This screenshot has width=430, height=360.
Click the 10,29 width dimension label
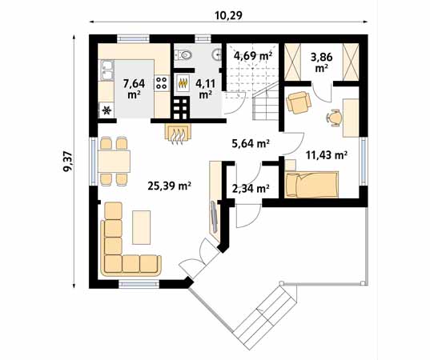pyautogui.click(x=229, y=16)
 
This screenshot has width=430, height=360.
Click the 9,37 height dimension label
pyautogui.click(x=68, y=162)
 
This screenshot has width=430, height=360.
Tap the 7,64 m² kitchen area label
pyautogui.click(x=134, y=89)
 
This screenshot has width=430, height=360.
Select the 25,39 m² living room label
pyautogui.click(x=169, y=186)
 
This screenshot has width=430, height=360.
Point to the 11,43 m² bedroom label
pyautogui.click(x=327, y=155)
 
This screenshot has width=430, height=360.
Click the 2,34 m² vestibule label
pyautogui.click(x=251, y=188)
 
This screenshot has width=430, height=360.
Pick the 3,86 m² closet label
pyautogui.click(x=322, y=62)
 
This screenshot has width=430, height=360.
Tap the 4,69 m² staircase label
pyautogui.click(x=253, y=56)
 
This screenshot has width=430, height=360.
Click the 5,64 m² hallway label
pyautogui.click(x=251, y=143)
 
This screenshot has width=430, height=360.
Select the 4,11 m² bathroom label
pyautogui.click(x=205, y=89)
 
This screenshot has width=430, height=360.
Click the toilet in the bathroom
pyautogui.click(x=183, y=54)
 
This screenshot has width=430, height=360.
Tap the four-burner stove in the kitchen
pyautogui.click(x=161, y=83)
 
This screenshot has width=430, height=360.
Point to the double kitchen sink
pyautogui.click(x=107, y=70)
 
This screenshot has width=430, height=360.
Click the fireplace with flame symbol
pyautogui.click(x=178, y=134)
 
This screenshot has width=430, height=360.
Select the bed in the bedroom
pyautogui.click(x=311, y=184)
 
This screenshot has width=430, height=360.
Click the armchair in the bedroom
pyautogui.click(x=299, y=102)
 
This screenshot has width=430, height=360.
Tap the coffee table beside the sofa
pyautogui.click(x=141, y=227)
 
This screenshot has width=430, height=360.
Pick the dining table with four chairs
pyautogui.click(x=114, y=161)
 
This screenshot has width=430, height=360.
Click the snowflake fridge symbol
pyautogui.click(x=106, y=110)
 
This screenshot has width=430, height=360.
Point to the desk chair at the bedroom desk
pyautogui.click(x=334, y=118)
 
